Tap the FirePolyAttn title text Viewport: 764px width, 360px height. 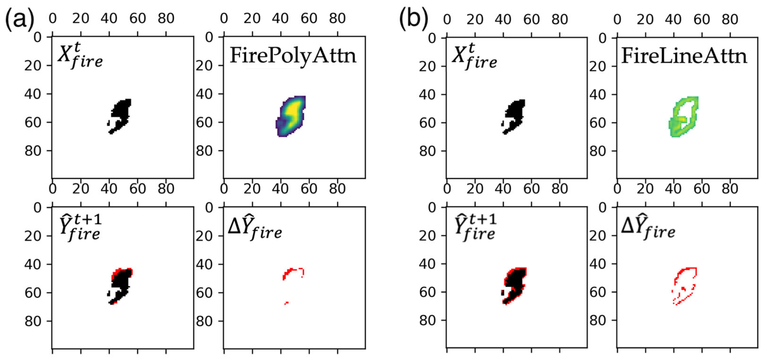[293, 56]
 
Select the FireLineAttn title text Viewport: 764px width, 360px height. [684, 56]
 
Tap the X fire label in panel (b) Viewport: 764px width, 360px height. [474, 56]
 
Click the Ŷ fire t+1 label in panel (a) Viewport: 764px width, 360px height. [80, 228]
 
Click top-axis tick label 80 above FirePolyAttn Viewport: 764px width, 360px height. [337, 18]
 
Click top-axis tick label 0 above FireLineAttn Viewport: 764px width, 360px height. [617, 20]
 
